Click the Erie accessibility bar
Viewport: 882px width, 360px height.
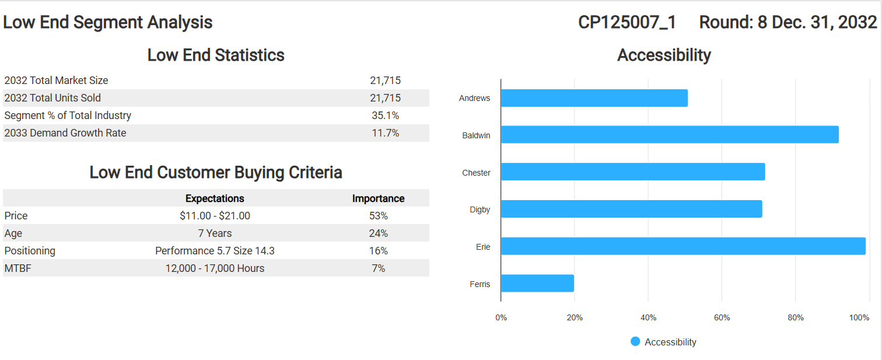click(x=682, y=246)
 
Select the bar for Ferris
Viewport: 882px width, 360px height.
click(x=537, y=284)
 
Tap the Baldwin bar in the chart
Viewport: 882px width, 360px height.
click(x=670, y=135)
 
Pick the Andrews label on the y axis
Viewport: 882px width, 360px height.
click(x=474, y=98)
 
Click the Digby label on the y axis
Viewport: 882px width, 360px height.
click(x=480, y=209)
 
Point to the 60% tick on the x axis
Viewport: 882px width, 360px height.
click(x=722, y=317)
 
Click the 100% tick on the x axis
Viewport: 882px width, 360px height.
click(x=859, y=317)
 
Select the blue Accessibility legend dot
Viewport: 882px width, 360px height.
click(x=635, y=341)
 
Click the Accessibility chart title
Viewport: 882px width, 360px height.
click(x=664, y=55)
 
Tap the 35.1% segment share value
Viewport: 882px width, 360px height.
click(x=385, y=116)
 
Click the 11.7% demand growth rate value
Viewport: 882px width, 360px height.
click(x=385, y=133)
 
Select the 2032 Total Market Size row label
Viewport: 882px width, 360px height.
click(x=56, y=81)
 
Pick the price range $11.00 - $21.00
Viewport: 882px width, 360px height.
click(x=215, y=216)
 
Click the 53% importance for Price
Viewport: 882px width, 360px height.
click(x=378, y=216)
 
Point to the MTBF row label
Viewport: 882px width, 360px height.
click(x=17, y=268)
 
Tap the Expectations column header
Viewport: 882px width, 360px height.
click(x=215, y=198)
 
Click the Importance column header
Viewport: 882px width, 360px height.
click(x=378, y=198)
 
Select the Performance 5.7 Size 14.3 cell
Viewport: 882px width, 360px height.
click(x=215, y=251)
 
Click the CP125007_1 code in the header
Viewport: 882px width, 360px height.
click(x=627, y=22)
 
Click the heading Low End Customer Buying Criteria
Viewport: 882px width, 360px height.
click(x=216, y=173)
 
